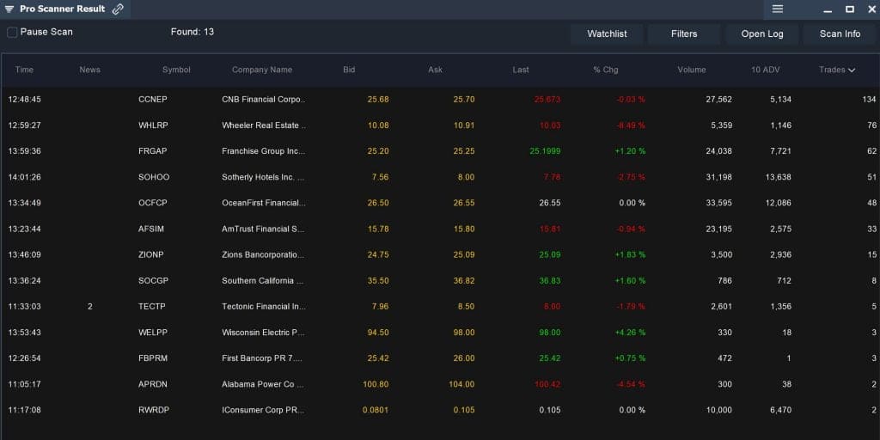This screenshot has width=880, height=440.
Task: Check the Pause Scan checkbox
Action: click(12, 33)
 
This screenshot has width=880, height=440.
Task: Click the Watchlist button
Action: click(607, 34)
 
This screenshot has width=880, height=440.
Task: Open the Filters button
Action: click(684, 34)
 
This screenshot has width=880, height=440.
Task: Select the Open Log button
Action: click(762, 34)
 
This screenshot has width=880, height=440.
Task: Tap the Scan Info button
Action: click(840, 34)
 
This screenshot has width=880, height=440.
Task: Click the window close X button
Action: click(869, 9)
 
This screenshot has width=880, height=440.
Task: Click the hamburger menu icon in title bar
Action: click(778, 9)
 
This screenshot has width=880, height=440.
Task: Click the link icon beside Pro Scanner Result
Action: click(118, 9)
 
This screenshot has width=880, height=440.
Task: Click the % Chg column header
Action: click(605, 70)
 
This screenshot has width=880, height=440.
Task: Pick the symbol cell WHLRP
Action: click(154, 125)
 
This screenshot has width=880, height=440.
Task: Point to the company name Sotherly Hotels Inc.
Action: click(263, 177)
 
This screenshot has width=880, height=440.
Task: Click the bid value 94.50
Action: click(376, 333)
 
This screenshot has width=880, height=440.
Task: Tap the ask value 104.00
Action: click(461, 384)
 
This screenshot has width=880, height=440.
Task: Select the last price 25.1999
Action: click(544, 151)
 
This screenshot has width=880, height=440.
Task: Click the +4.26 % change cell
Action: click(630, 333)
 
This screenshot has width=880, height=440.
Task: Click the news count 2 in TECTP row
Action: click(89, 307)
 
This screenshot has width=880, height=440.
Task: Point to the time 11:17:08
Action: click(24, 410)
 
